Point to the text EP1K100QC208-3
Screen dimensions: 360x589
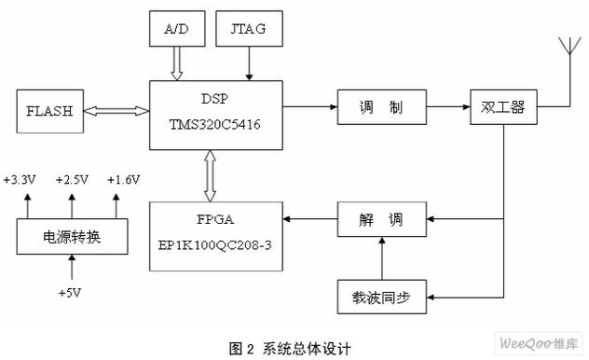coord(217,241)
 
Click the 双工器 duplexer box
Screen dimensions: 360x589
coord(503,108)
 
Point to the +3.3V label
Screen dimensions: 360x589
coord(21,179)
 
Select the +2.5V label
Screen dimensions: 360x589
coord(72,179)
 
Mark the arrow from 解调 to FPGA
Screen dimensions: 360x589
coord(310,220)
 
